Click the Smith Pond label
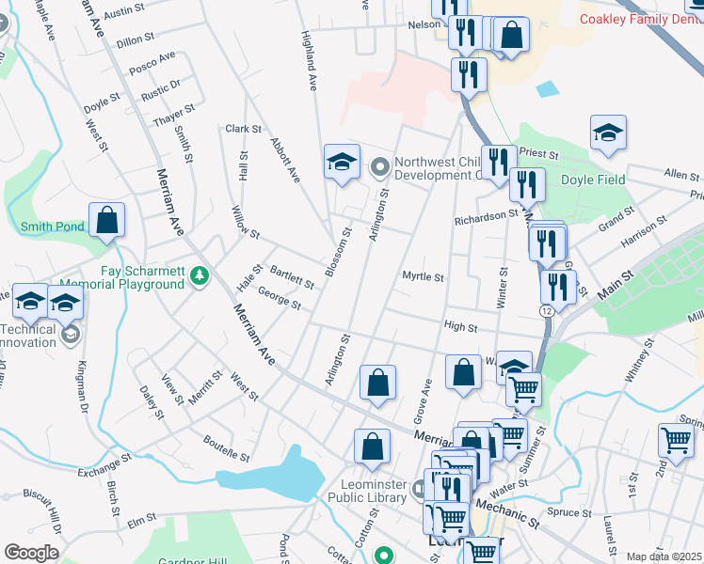53,227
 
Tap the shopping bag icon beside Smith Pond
107,222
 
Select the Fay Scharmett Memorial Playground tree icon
199,276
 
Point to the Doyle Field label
593,180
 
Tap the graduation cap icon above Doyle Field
608,134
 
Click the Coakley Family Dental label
641,19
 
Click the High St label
460,327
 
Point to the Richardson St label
487,215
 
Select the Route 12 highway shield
546,310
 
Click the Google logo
31,553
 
